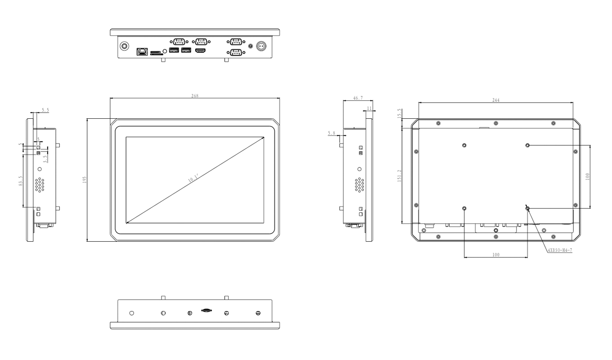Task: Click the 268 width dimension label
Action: (195, 96)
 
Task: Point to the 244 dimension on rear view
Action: (495, 100)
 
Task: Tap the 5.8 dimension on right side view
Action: (332, 133)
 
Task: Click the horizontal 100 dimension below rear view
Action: (495, 255)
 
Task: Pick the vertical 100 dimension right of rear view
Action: (587, 177)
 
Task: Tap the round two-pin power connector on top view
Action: (261, 46)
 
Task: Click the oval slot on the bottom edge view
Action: (207, 310)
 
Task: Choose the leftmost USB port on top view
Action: (174, 50)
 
